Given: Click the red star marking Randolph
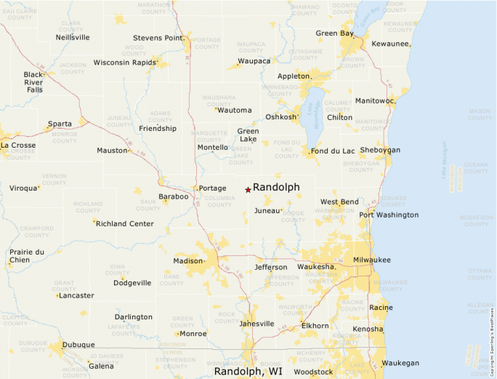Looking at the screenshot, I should (x=248, y=190).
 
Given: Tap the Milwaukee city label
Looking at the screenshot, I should (x=372, y=260).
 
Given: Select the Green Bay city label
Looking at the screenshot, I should (x=334, y=33).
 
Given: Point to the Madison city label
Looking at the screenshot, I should (x=188, y=260).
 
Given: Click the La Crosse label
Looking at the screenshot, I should (x=17, y=145).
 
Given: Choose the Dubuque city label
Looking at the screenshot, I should (x=78, y=344).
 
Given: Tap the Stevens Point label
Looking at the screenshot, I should (x=156, y=38).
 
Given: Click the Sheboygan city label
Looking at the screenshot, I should (x=380, y=150).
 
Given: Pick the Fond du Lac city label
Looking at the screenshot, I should (x=333, y=151).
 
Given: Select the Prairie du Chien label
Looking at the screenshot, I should (x=27, y=256).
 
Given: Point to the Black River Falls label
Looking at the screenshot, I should (x=34, y=81).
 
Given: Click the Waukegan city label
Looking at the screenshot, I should (x=400, y=362).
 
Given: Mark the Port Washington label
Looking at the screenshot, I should (x=389, y=215).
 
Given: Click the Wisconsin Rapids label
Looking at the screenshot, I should (x=125, y=63).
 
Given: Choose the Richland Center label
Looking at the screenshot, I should (x=124, y=223).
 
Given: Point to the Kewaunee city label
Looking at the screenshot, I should (x=391, y=44).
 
